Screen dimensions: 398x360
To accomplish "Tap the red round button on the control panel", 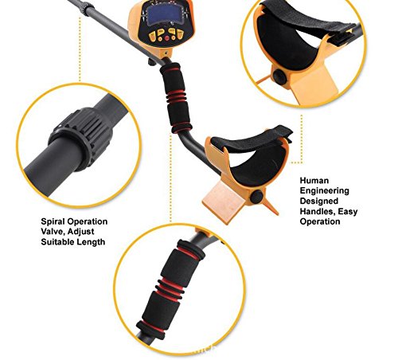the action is click(167, 38).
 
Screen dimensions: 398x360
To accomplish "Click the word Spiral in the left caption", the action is click(53, 221).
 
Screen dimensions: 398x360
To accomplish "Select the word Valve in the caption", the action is click(53, 232).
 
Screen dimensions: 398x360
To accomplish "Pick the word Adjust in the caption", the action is click(80, 232).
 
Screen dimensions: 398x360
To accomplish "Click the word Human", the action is click(314, 181).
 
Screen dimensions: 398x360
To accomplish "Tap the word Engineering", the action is click(324, 191).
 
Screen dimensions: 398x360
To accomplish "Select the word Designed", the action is click(319, 201).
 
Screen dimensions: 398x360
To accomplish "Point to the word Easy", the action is click(348, 212).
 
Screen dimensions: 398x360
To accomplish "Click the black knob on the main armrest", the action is click(256, 197).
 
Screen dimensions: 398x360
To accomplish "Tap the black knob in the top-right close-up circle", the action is click(280, 76).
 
